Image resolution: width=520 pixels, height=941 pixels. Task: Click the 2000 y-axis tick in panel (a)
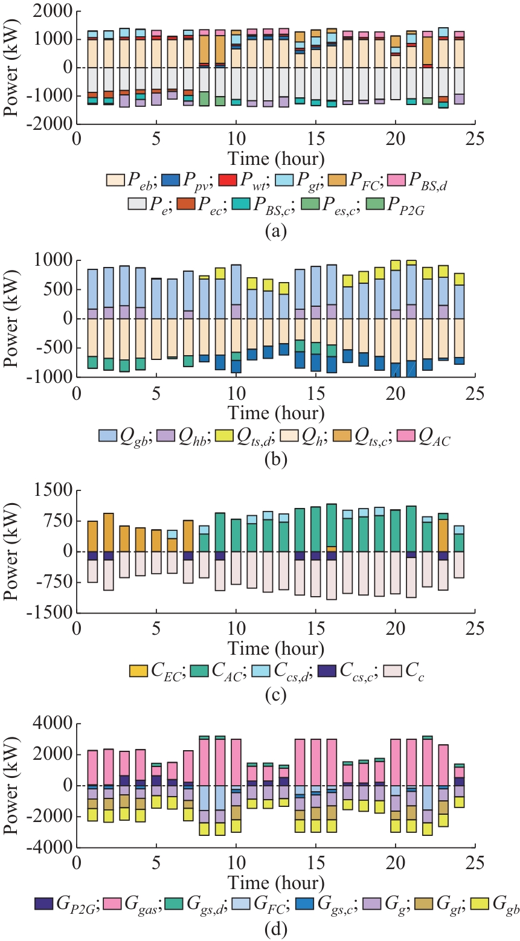click(57, 12)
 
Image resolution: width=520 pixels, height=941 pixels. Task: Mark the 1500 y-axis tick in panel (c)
click(57, 490)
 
